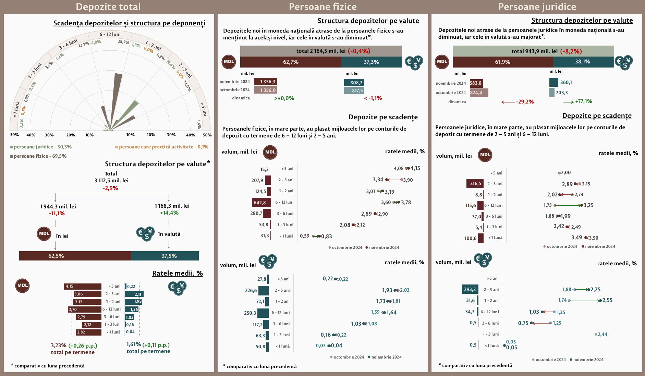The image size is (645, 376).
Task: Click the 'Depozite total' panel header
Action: click(x=108, y=7)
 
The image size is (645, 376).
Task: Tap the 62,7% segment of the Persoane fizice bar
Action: click(x=291, y=62)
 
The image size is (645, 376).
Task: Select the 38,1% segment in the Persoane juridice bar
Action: click(x=583, y=62)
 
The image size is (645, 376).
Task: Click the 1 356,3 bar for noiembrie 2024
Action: click(x=265, y=82)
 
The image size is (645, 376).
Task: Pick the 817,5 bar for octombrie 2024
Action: click(x=354, y=90)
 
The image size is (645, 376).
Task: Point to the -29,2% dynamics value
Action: click(x=525, y=102)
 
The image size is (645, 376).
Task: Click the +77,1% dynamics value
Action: click(x=584, y=101)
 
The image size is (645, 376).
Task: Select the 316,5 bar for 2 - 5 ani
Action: click(x=475, y=183)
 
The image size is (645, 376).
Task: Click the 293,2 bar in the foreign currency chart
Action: click(x=470, y=289)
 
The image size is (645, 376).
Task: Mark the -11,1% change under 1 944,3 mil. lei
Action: click(x=57, y=214)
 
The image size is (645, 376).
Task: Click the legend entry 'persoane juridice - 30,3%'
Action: click(x=41, y=147)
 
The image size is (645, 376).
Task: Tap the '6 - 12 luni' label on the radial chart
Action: click(x=110, y=34)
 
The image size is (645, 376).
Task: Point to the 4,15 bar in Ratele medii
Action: click(x=83, y=286)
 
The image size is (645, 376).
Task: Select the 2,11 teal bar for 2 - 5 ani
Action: click(x=134, y=294)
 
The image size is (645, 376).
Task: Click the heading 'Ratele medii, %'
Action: click(x=178, y=273)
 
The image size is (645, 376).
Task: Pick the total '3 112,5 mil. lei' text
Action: click(x=111, y=180)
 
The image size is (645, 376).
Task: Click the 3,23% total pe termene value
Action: click(x=59, y=345)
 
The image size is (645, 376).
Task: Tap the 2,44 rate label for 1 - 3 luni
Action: click(x=602, y=334)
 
